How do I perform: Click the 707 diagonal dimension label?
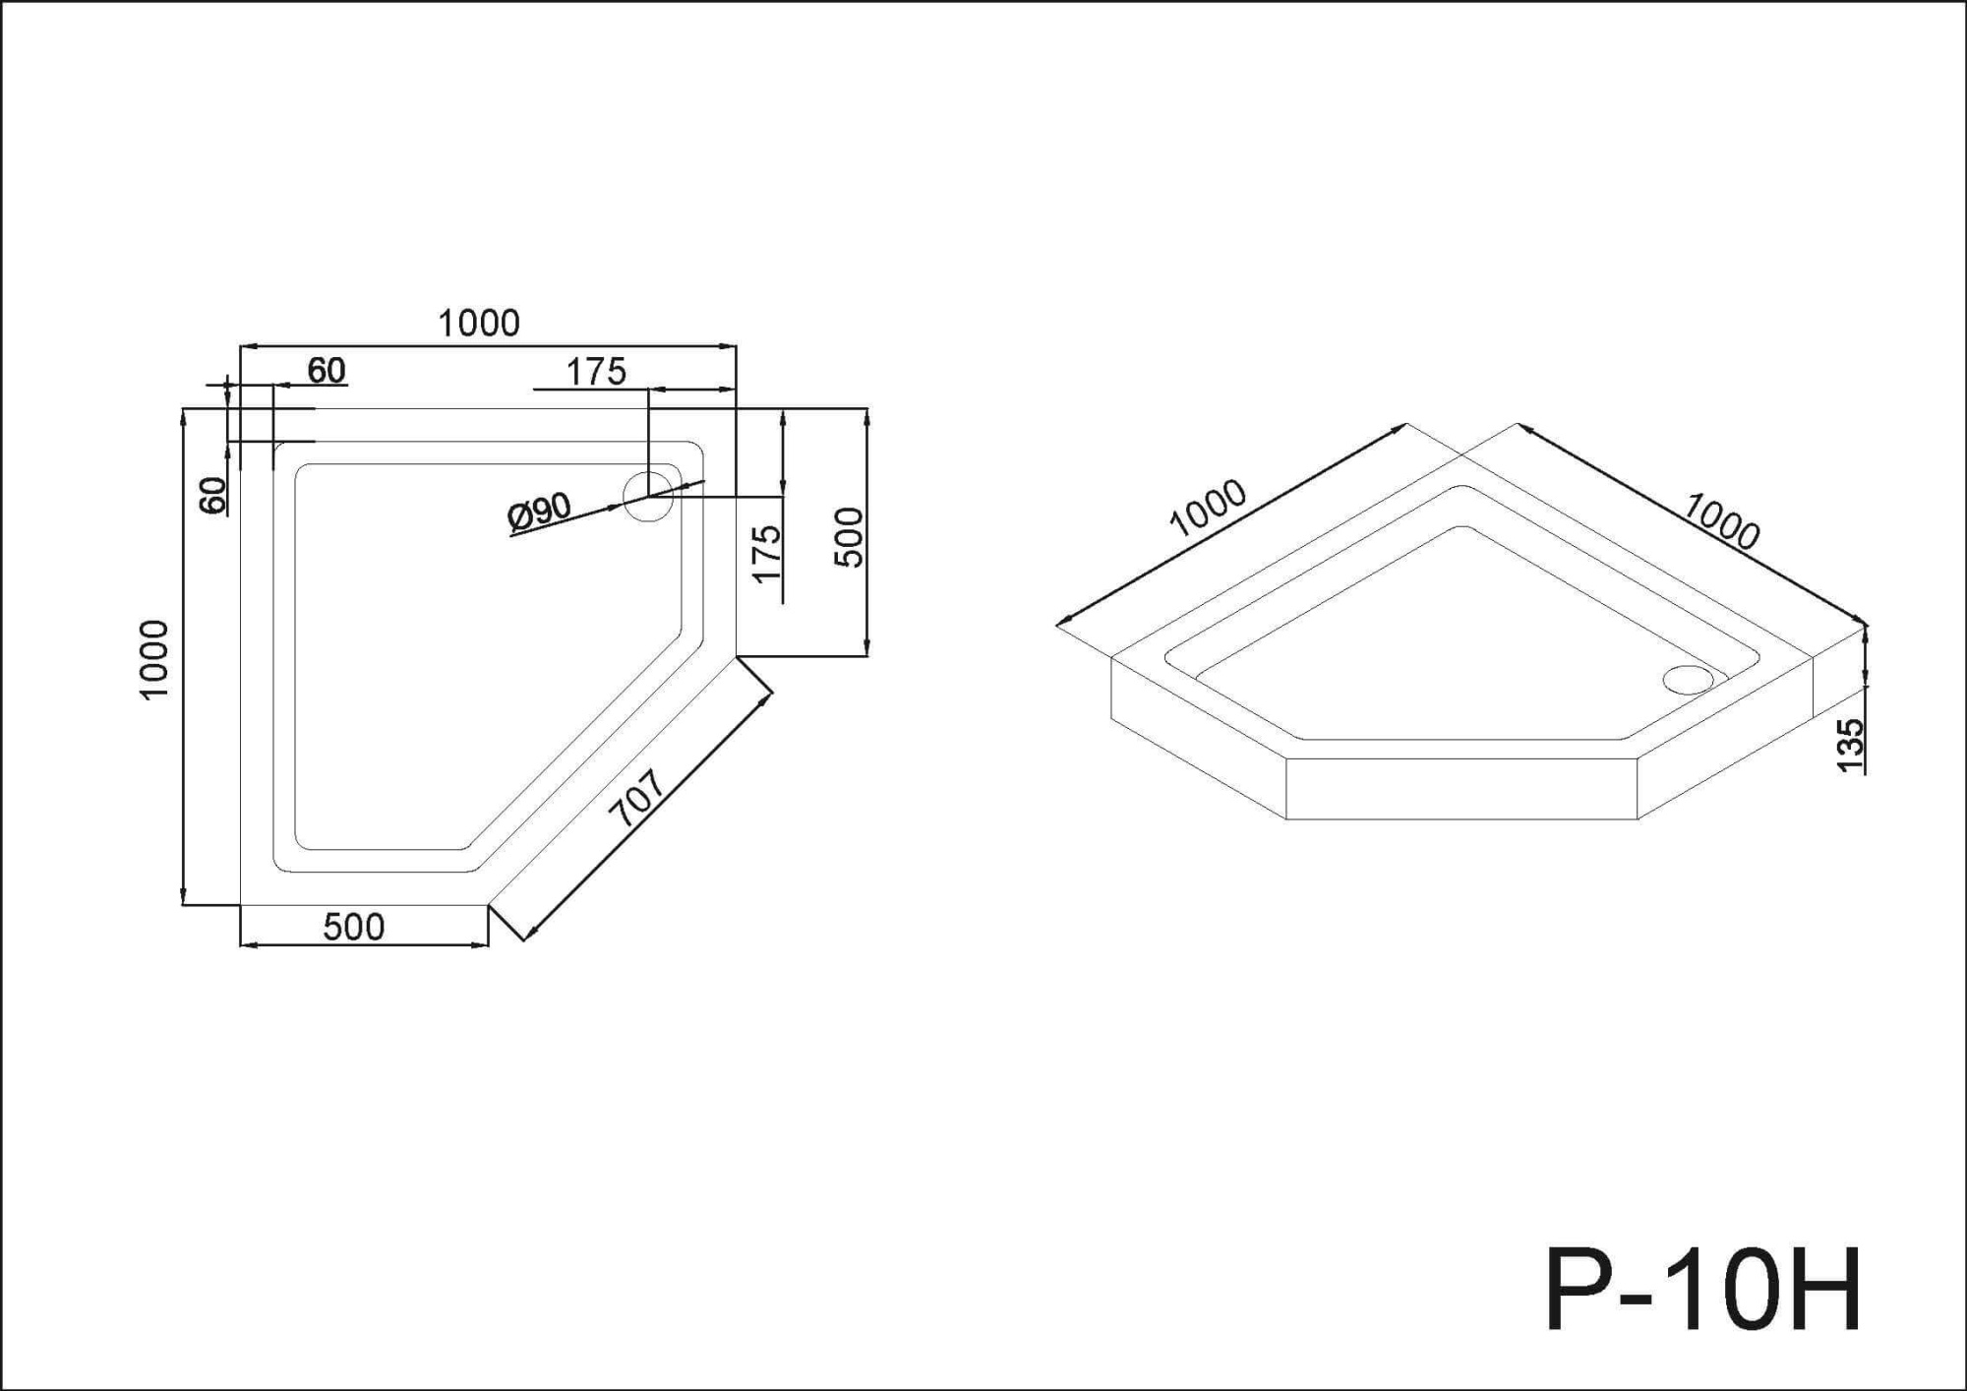pyautogui.click(x=637, y=797)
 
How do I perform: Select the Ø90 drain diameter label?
pyautogui.click(x=539, y=512)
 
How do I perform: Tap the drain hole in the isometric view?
pyautogui.click(x=1688, y=677)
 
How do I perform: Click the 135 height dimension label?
pyautogui.click(x=1849, y=745)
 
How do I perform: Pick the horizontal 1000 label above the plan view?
pyautogui.click(x=479, y=324)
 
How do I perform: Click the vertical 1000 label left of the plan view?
pyautogui.click(x=155, y=659)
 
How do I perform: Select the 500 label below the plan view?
pyautogui.click(x=354, y=927)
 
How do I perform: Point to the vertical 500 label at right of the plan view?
pyautogui.click(x=849, y=537)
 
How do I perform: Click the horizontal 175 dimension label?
pyautogui.click(x=596, y=372)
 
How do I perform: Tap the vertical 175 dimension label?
pyautogui.click(x=766, y=554)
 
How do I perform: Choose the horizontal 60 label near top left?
pyautogui.click(x=327, y=371)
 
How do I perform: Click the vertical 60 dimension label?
pyautogui.click(x=212, y=495)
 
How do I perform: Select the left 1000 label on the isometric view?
pyautogui.click(x=1208, y=508)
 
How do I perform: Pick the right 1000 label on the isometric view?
pyautogui.click(x=1721, y=521)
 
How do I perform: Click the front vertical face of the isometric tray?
pyautogui.click(x=1460, y=789)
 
